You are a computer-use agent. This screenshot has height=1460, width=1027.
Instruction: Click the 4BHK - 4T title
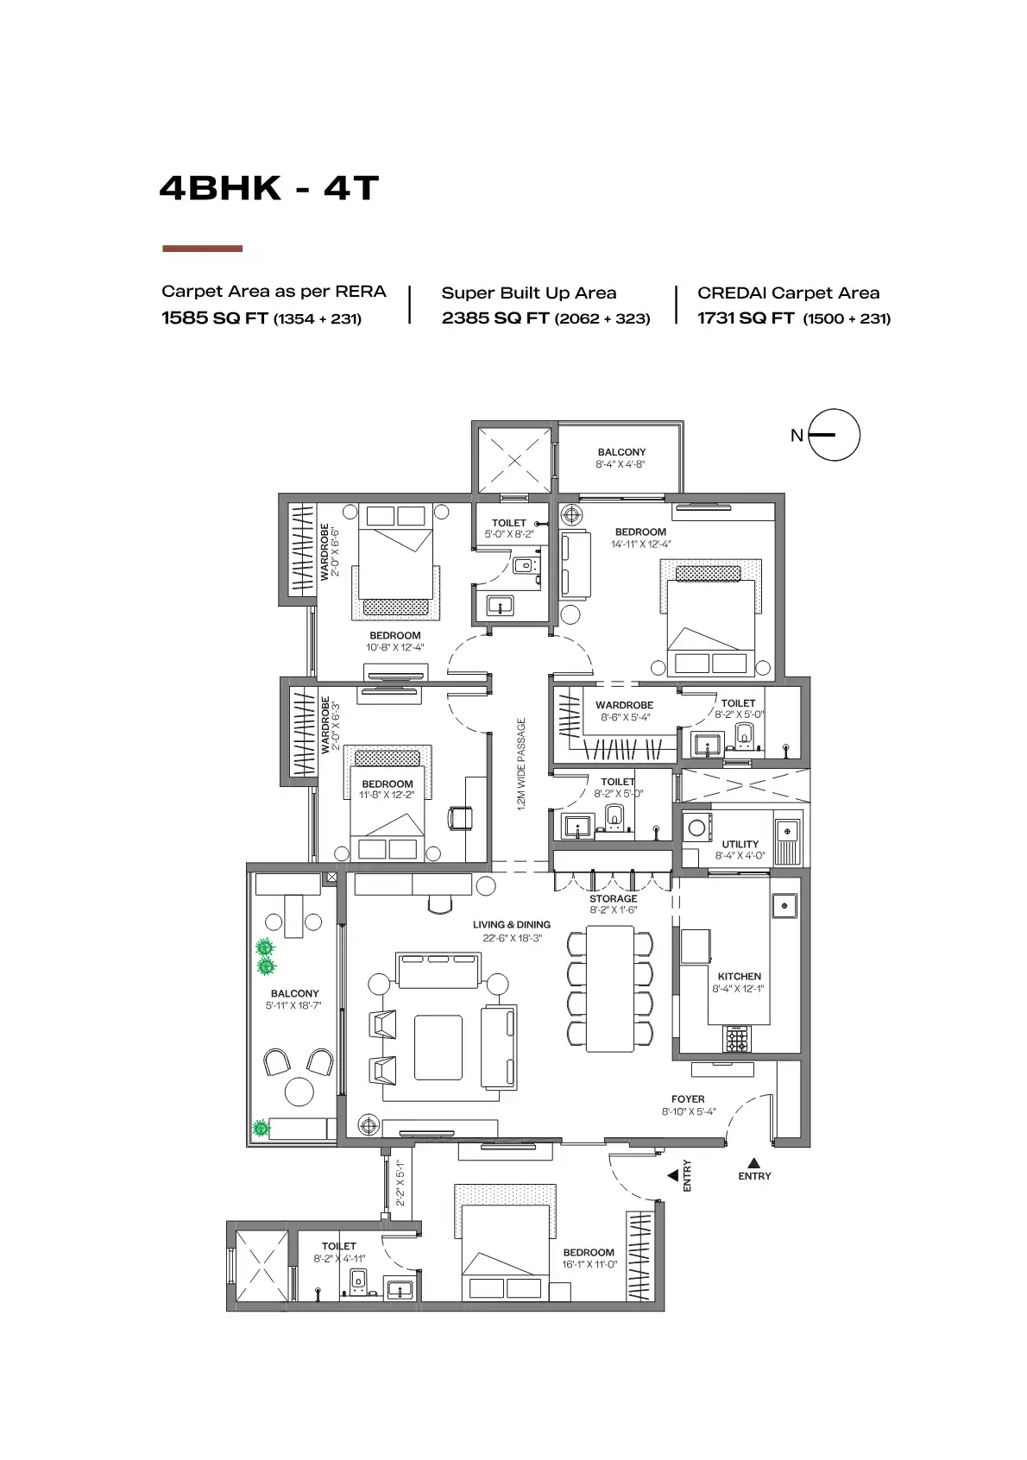coord(269,188)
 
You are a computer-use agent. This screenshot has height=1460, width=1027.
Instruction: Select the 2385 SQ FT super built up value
coord(495,318)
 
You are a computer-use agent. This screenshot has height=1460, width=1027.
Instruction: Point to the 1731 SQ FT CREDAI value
coord(746,318)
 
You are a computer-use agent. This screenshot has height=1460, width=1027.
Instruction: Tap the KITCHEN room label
coord(739,977)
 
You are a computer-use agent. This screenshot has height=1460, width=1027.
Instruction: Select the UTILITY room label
coord(740,845)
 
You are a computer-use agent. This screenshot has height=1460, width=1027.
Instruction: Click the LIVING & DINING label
coord(511,925)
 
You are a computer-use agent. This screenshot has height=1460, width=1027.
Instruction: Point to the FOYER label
coord(688,1099)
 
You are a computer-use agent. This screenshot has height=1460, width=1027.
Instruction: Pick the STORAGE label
coord(614,898)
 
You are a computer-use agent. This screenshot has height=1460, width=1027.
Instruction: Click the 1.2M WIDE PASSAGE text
coord(521,765)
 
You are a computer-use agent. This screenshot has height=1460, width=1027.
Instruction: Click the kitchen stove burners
coord(737,1039)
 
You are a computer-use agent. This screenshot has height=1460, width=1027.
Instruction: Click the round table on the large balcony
coord(299,1092)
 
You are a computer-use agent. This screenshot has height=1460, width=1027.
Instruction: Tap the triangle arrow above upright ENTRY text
coord(753,1162)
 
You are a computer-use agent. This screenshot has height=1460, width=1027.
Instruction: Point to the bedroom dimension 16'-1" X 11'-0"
coord(589,1264)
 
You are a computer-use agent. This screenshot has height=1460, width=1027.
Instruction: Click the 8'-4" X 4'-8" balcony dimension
coord(621,464)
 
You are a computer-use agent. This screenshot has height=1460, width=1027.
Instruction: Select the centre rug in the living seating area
coord(438,1047)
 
